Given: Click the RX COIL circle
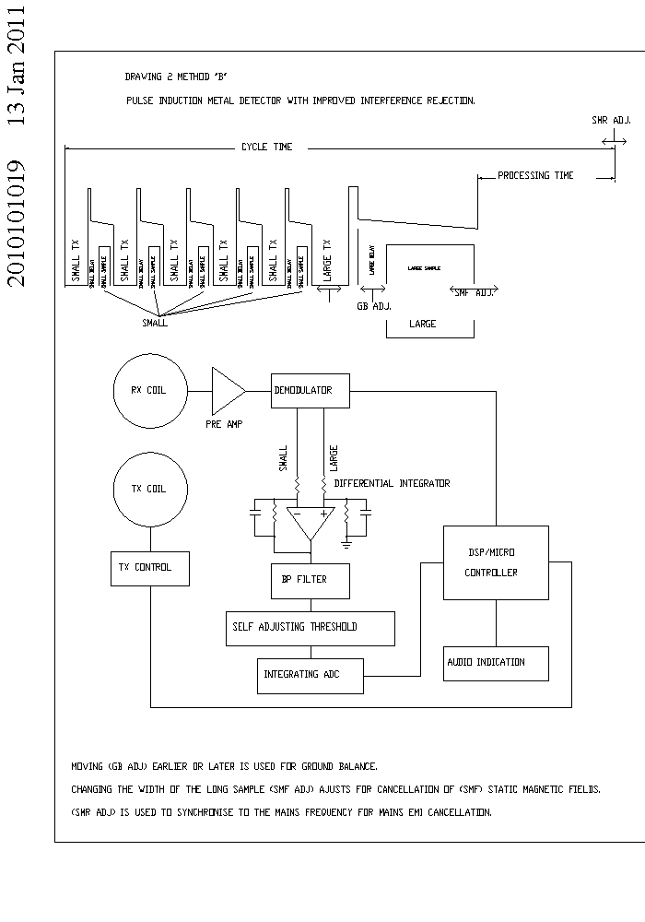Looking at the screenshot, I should (149, 390).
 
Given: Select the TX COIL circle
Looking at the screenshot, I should (149, 489).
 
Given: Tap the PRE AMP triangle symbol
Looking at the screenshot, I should (227, 391).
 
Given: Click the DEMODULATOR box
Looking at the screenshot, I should (313, 391).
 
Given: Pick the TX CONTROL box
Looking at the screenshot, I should (149, 568).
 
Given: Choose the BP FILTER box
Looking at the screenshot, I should (311, 581).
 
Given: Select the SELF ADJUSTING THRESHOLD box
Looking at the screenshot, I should (311, 628).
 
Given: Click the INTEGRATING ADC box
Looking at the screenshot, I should (311, 676).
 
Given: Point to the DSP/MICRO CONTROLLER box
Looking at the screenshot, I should (496, 562).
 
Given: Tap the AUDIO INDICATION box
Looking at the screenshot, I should (496, 663).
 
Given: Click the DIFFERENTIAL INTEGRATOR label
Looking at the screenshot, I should (392, 483).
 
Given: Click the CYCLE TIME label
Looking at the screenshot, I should (266, 147).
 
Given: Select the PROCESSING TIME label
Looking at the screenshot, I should (535, 175).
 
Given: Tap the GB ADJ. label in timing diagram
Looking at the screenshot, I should (373, 305).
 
